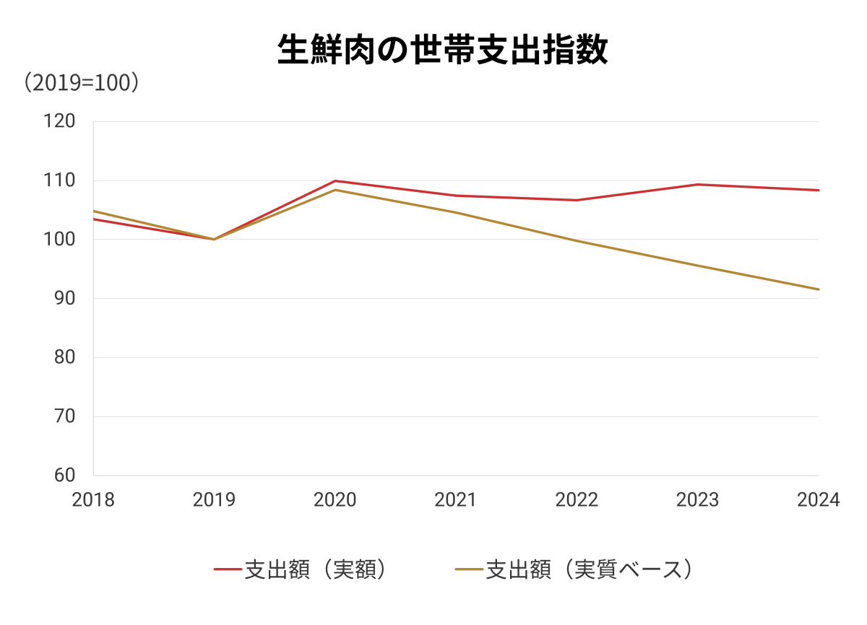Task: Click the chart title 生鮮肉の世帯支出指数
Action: coord(442,51)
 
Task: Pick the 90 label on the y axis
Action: coord(65,298)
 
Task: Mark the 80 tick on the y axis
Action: coord(65,357)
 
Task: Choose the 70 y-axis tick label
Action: coord(65,416)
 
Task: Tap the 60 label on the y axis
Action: coord(65,476)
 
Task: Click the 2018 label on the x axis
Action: coord(93,500)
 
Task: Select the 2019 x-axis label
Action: coord(214,500)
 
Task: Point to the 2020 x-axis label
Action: coord(335,500)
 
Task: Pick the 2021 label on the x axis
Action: coord(456,500)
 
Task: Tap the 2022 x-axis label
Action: coord(577,500)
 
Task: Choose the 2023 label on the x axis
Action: coord(698,500)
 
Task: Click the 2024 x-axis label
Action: coord(819,500)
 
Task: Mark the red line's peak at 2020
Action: coord(335,180)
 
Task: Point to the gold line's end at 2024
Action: coord(818,289)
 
